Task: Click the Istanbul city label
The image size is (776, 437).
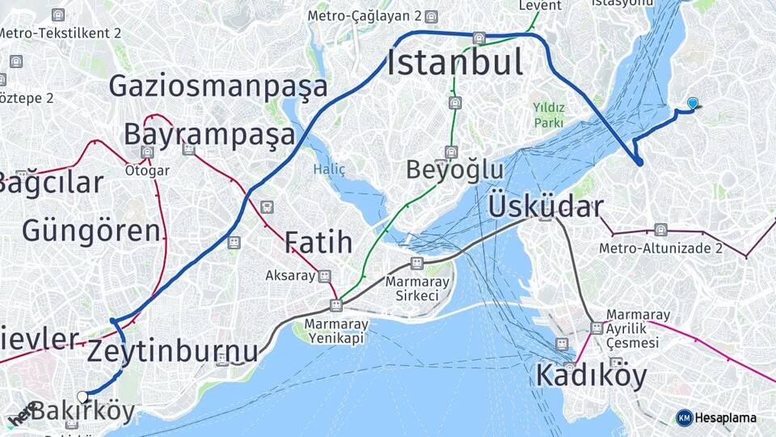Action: (454, 62)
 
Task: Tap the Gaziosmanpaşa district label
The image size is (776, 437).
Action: (218, 87)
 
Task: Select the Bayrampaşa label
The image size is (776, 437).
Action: (209, 134)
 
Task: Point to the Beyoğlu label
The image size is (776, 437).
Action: (454, 170)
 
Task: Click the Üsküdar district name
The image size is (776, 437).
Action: (546, 206)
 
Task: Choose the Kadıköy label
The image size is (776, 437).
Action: (591, 375)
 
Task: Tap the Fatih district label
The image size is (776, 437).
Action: (318, 242)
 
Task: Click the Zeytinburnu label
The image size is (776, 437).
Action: (172, 351)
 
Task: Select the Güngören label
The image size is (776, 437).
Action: (91, 231)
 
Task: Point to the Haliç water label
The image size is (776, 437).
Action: (329, 169)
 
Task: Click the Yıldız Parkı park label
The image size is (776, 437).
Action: (548, 115)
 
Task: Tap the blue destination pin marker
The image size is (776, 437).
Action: (693, 103)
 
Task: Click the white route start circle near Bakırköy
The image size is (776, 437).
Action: (82, 397)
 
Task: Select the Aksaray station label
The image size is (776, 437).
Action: (289, 276)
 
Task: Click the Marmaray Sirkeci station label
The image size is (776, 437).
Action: (417, 288)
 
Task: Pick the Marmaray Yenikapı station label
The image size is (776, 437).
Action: (336, 331)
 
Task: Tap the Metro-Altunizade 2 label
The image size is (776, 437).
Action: (660, 248)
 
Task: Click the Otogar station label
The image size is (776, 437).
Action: (147, 171)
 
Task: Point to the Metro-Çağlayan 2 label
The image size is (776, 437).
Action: (365, 16)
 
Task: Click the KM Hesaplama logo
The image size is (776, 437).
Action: (716, 418)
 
